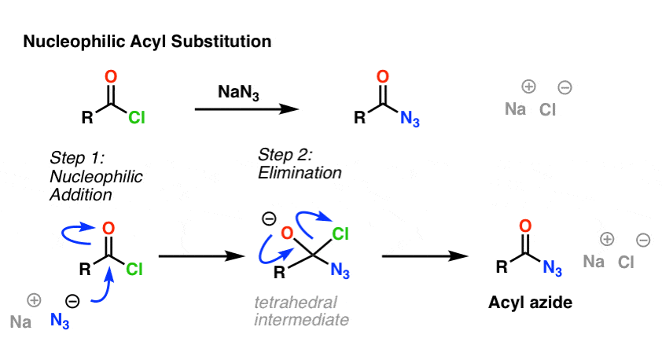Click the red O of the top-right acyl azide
(382, 77)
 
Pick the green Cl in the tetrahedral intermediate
(341, 233)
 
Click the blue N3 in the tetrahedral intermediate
(340, 271)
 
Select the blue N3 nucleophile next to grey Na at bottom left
(61, 320)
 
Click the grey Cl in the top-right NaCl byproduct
(547, 109)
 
